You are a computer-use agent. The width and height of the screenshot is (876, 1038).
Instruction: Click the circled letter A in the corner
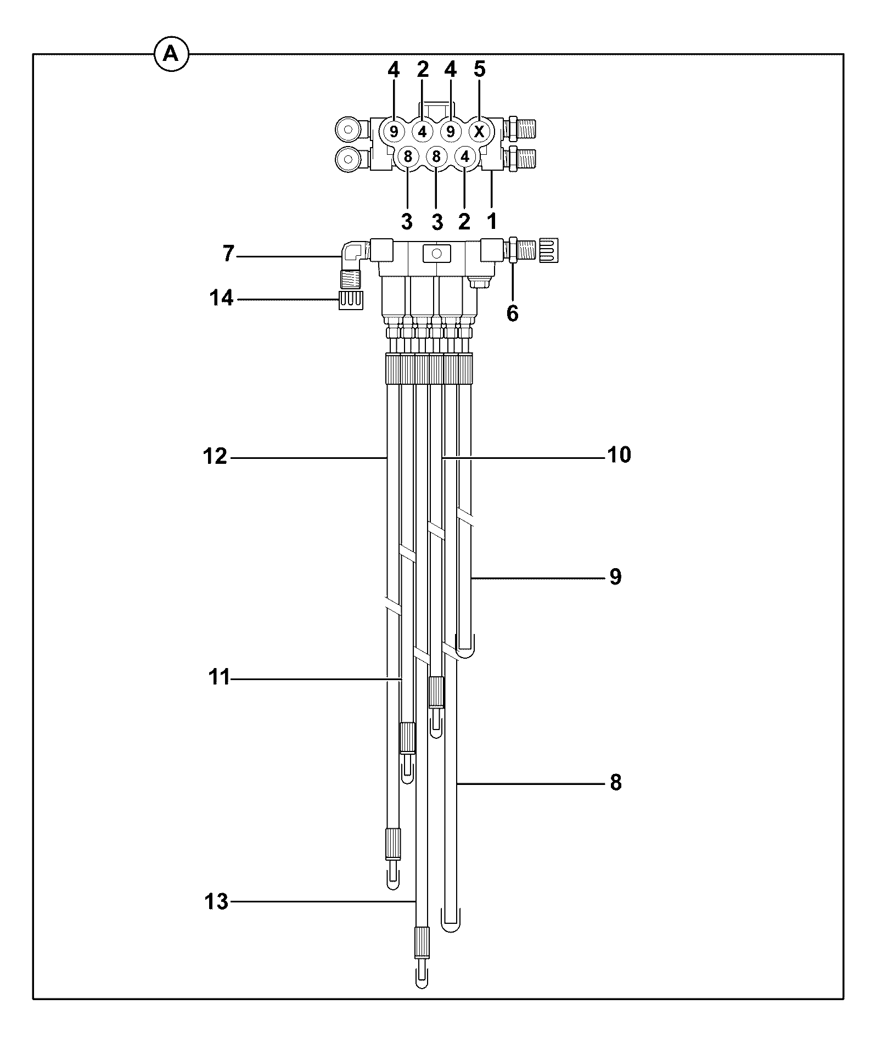click(x=171, y=54)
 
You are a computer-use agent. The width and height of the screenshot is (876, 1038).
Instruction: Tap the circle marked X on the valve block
click(x=479, y=132)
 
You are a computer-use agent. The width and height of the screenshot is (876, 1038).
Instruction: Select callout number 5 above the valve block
click(x=479, y=70)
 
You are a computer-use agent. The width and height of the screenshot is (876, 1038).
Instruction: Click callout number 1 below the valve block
click(x=492, y=221)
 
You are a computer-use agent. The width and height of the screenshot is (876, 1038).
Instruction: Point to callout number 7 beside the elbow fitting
click(x=229, y=254)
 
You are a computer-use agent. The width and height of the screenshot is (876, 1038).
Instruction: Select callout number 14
click(x=221, y=299)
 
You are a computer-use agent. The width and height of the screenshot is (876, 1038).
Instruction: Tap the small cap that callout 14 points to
click(x=351, y=301)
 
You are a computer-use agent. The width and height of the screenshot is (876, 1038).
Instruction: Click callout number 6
click(x=512, y=314)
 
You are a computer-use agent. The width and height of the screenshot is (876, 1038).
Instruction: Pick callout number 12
click(x=215, y=456)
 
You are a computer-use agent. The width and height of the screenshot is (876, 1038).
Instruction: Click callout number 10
click(x=619, y=455)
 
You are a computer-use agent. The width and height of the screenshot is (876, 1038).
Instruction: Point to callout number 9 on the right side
click(x=615, y=577)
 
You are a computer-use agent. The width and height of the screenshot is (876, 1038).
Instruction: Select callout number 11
click(x=220, y=678)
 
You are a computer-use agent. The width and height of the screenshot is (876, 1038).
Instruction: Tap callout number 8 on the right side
click(x=616, y=783)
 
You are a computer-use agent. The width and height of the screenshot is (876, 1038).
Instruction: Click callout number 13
click(x=216, y=902)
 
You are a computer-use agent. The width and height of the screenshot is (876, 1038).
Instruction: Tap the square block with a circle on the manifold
click(x=436, y=253)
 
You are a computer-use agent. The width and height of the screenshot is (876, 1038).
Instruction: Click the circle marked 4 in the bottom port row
click(x=465, y=157)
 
